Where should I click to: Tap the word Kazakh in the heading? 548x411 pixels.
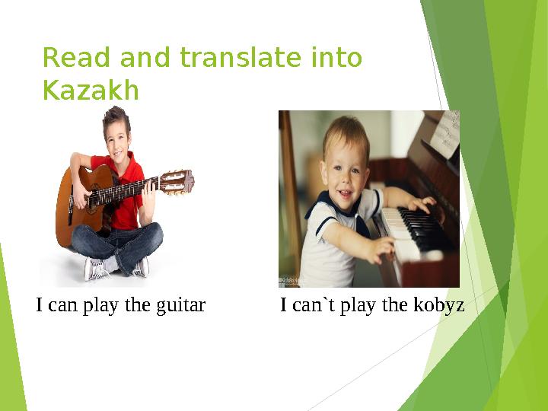91,91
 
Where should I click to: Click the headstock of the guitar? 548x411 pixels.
176,181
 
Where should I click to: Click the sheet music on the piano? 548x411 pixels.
444,135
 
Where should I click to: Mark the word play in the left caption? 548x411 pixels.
99,306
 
